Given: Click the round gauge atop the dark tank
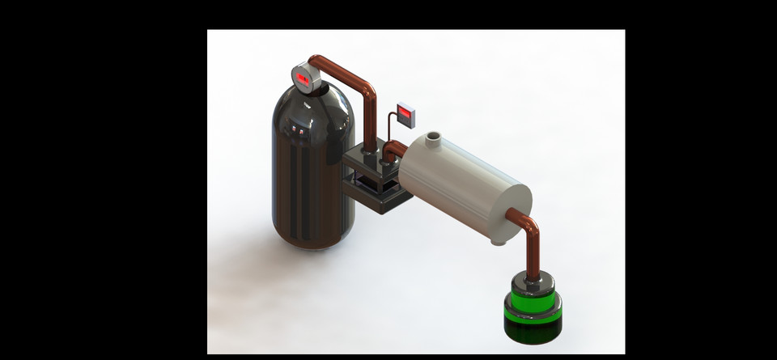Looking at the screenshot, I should [304, 78].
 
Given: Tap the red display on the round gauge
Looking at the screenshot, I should [303, 78].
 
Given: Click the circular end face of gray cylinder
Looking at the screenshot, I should [512, 212].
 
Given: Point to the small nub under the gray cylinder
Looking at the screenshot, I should [499, 241].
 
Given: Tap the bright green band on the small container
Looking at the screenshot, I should [533, 308].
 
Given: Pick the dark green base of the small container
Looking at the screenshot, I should [533, 327].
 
